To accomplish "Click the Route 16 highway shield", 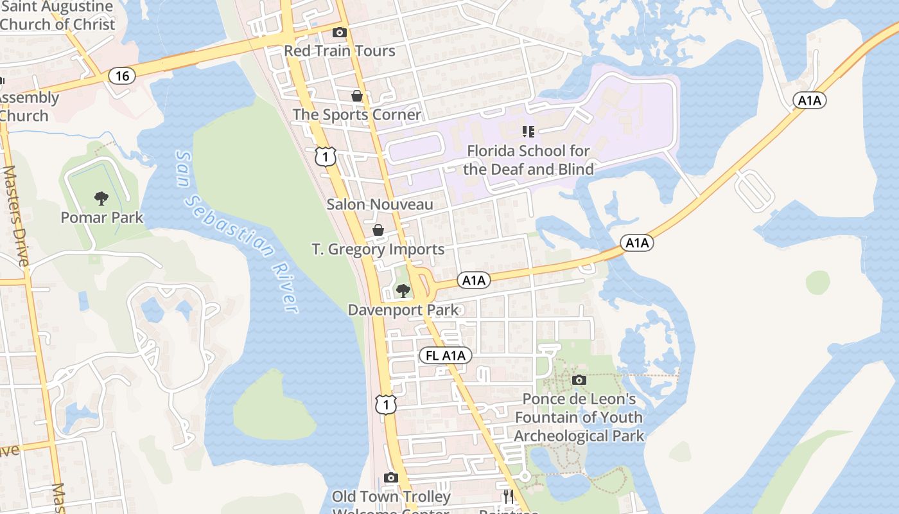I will coord(122,76).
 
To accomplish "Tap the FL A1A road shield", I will coord(445,356).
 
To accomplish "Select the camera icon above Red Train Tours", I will coord(339,33).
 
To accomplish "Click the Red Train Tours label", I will coord(339,51).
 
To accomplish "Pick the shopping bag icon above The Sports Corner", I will coord(357,96).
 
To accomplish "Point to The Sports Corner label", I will coord(357,115).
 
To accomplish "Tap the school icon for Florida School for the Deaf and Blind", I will coord(528,132).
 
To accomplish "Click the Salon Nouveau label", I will coord(380,205).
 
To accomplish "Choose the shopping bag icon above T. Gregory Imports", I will coord(379,230).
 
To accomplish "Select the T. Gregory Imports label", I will coord(378,249).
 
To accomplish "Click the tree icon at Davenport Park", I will coord(403,291).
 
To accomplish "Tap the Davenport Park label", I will coord(403,310).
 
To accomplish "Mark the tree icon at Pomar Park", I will coord(101,199).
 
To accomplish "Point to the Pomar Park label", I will coord(102,217).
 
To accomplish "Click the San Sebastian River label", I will coord(237,231).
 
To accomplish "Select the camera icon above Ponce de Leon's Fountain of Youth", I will coord(579,380).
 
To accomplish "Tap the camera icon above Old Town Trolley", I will coord(390,477).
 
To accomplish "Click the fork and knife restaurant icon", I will coord(508,496).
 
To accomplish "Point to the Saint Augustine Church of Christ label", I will coord(58,16).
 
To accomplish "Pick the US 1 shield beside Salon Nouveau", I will coord(326,156).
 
